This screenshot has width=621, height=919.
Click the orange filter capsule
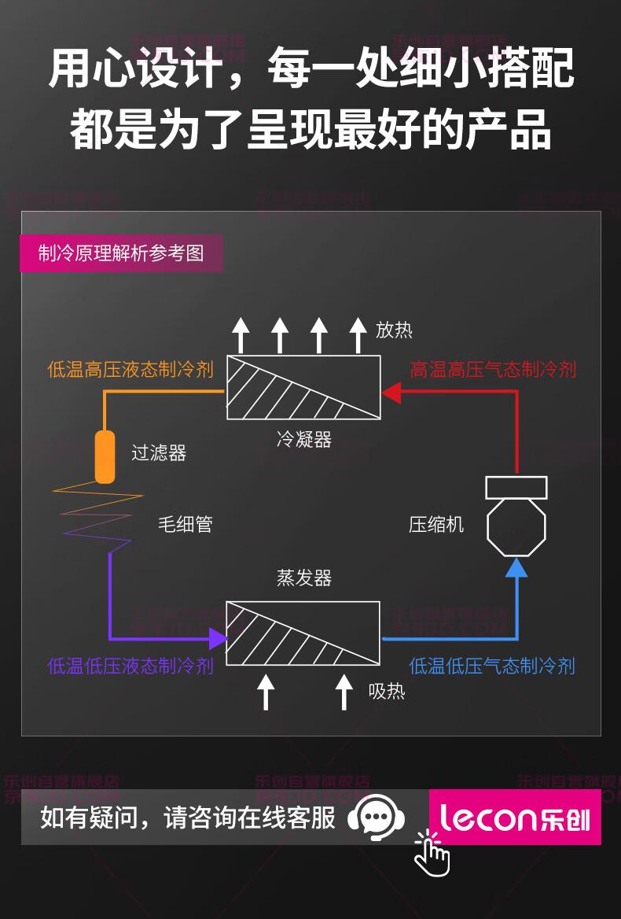(105, 456)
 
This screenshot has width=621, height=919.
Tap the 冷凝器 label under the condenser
(304, 440)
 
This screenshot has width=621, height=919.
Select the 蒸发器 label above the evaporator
(304, 578)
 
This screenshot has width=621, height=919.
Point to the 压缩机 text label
(436, 525)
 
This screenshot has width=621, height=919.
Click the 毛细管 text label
(186, 525)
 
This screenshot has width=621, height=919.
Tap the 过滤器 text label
(159, 453)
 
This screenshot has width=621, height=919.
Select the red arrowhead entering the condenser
(391, 392)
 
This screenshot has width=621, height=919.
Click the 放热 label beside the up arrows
(394, 330)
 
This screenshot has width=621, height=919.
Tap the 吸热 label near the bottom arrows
(387, 692)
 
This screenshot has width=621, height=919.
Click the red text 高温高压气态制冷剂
(493, 369)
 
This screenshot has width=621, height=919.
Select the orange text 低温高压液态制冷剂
(130, 369)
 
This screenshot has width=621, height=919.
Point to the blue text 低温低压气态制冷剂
(492, 666)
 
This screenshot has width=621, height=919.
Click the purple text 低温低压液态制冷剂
(130, 666)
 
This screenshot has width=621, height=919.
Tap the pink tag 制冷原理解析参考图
(122, 253)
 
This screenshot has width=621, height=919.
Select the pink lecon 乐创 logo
(515, 818)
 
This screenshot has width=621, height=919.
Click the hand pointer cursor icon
(432, 854)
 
